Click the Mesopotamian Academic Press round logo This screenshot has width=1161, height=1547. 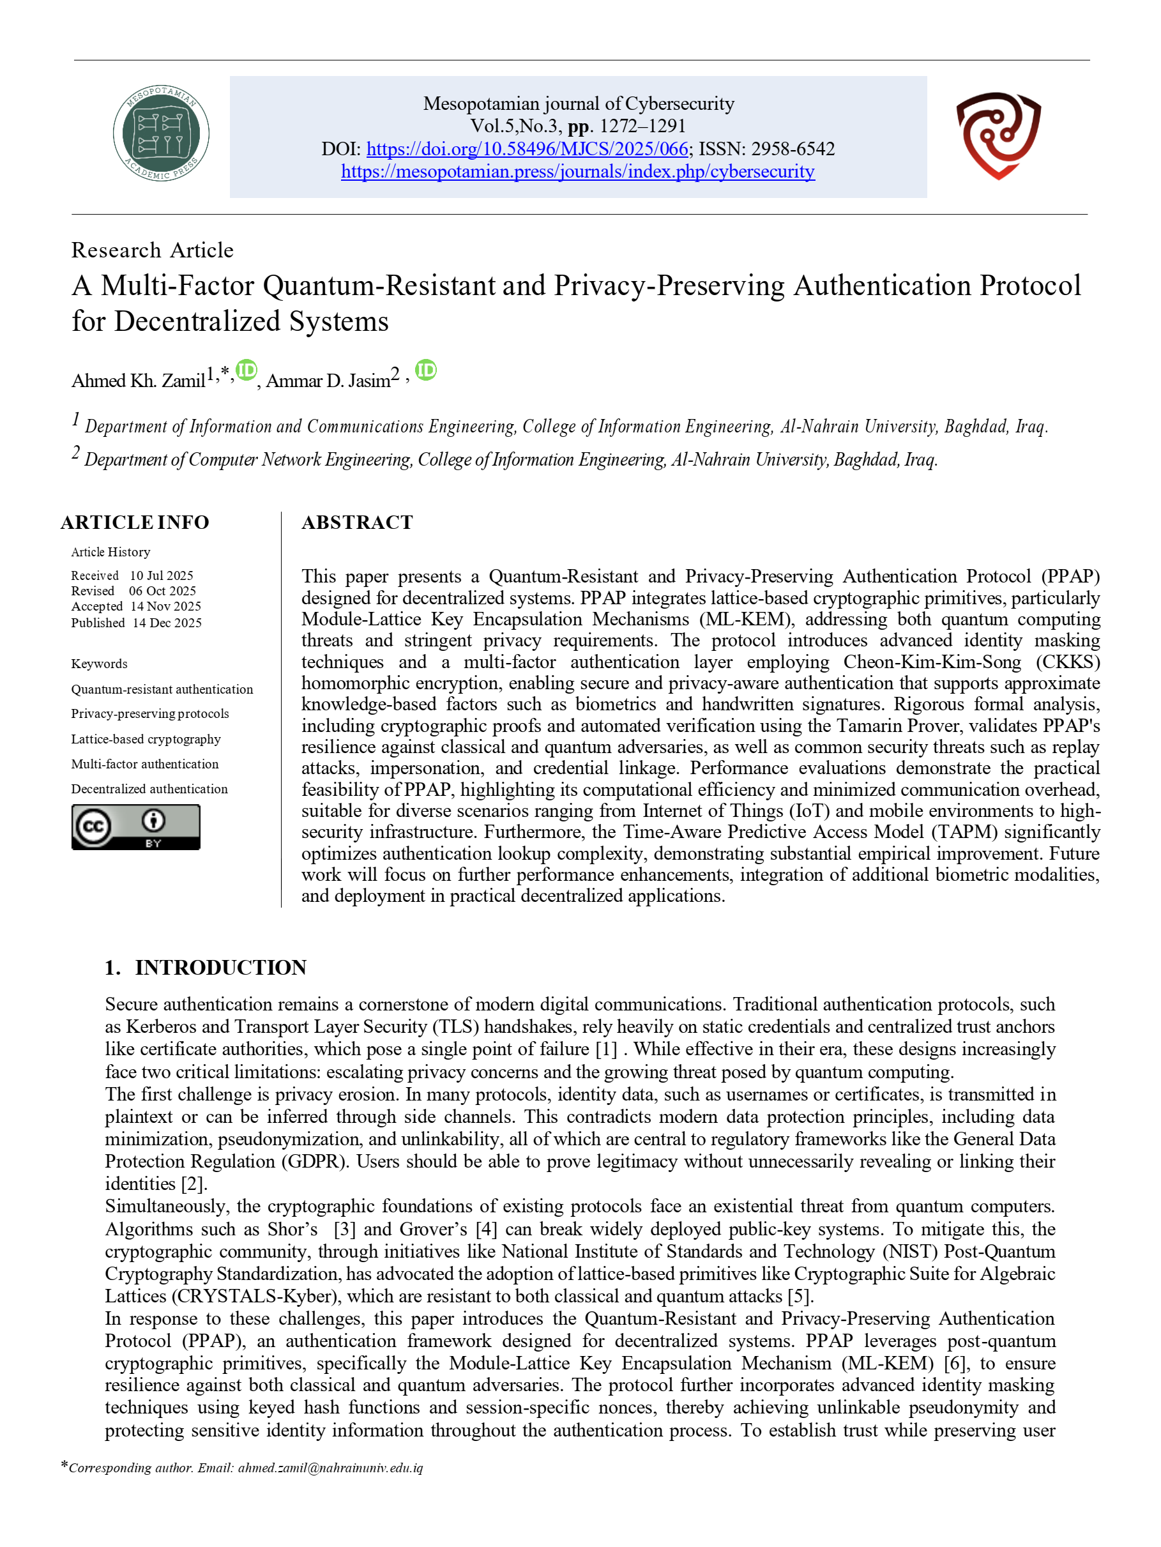point(161,133)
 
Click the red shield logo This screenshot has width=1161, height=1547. point(998,135)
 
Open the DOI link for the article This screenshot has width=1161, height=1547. point(527,149)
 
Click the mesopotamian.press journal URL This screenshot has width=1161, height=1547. point(578,171)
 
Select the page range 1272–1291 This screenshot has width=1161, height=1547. point(642,126)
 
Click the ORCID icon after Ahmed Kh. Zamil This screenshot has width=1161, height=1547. point(247,370)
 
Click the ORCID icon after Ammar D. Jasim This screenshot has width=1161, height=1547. point(425,370)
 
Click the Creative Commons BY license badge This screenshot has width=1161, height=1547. point(135,827)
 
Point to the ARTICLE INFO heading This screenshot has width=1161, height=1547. point(135,522)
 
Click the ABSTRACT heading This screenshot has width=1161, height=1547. point(358,522)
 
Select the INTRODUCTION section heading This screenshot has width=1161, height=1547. point(220,967)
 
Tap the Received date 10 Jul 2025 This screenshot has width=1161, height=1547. point(162,575)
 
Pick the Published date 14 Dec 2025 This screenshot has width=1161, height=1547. point(167,623)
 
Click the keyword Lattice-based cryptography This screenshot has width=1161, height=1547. point(146,739)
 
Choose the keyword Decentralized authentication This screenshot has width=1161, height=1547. point(149,789)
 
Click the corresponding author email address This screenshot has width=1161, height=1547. point(330,1468)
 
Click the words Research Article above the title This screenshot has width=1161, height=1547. point(153,250)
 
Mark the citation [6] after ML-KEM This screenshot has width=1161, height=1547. point(955,1363)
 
